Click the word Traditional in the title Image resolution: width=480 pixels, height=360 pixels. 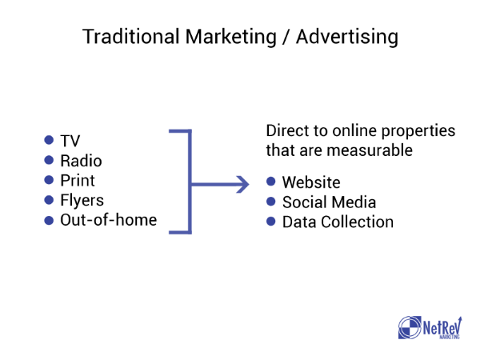point(131,37)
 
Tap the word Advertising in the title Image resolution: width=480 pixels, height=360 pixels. point(347,38)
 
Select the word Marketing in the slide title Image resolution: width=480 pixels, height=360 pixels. point(231,38)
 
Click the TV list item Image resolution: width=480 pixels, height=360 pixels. point(70,141)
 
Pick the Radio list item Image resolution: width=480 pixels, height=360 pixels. point(81,161)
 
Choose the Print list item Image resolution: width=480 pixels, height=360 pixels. point(78,180)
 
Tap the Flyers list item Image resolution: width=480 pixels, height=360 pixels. point(82,201)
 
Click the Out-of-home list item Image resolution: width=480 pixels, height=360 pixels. point(109,220)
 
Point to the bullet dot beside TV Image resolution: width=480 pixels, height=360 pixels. point(49,140)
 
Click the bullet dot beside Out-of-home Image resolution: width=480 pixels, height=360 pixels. point(49,221)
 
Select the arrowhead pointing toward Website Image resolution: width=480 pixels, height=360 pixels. point(243,184)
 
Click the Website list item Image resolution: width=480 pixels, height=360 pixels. point(311,182)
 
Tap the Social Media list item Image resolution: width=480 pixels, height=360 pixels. point(330,202)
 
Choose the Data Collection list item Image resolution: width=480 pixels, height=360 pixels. point(338,222)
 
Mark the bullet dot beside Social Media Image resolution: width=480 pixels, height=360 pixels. point(271,202)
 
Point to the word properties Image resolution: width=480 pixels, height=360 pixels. point(418,131)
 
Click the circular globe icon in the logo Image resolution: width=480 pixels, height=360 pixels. point(410,327)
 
